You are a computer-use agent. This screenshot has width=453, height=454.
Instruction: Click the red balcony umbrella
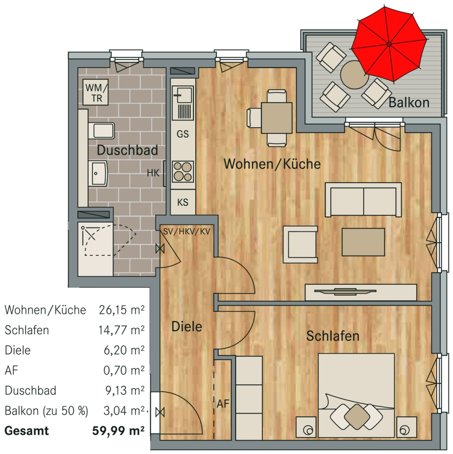point(389,44)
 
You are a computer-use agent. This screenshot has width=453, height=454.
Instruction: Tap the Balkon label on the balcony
point(409,102)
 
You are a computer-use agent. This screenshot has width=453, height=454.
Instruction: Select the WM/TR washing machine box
point(95,92)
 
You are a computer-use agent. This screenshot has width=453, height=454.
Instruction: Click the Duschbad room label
point(127,150)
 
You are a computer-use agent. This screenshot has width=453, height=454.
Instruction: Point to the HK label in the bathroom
point(153,173)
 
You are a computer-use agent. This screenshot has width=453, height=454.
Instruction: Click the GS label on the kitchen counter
point(183,134)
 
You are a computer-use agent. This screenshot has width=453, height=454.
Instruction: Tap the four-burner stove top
point(183,171)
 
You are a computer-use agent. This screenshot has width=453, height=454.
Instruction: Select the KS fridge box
point(183,202)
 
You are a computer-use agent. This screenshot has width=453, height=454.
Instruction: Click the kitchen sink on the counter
point(183,103)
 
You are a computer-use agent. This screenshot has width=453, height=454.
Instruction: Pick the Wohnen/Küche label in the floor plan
point(272,164)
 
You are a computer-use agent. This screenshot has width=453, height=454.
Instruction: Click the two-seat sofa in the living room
point(363,199)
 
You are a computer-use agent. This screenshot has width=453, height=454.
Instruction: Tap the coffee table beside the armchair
point(363,242)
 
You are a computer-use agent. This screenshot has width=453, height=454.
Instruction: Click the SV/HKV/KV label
point(187,232)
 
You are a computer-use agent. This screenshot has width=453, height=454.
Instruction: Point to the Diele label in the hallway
point(187,326)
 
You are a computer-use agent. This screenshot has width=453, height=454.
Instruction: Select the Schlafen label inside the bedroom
point(333,336)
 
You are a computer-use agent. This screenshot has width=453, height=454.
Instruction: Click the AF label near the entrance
point(223,404)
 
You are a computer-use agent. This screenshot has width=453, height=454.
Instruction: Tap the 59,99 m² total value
point(119,431)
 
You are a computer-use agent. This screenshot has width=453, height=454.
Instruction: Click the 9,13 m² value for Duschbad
point(125,390)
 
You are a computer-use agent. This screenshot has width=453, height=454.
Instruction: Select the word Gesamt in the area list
point(27,431)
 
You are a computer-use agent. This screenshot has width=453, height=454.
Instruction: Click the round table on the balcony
point(354,75)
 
